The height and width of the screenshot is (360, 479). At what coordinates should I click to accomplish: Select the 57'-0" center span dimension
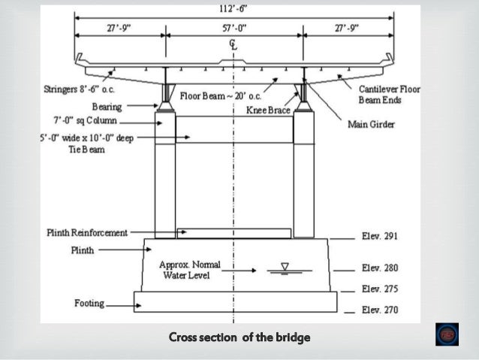point(235,28)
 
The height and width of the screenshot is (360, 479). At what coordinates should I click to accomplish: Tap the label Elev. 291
point(379,236)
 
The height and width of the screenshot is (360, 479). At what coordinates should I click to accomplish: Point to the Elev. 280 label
point(379,268)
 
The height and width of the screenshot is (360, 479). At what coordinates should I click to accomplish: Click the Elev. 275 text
point(379,289)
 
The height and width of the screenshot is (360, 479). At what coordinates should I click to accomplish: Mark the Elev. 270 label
point(379,310)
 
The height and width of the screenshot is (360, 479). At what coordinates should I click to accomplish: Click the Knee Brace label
point(269,110)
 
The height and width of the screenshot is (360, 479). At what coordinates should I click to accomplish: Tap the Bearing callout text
point(107,107)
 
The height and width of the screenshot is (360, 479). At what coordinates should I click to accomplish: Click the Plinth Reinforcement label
point(86,233)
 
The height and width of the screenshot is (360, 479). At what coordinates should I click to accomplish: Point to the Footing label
point(89,304)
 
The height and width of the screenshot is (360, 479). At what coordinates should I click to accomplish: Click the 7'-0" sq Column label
point(83,120)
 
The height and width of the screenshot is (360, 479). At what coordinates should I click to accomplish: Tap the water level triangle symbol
point(285,266)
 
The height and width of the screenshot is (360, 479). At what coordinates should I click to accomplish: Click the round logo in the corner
point(447,334)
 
